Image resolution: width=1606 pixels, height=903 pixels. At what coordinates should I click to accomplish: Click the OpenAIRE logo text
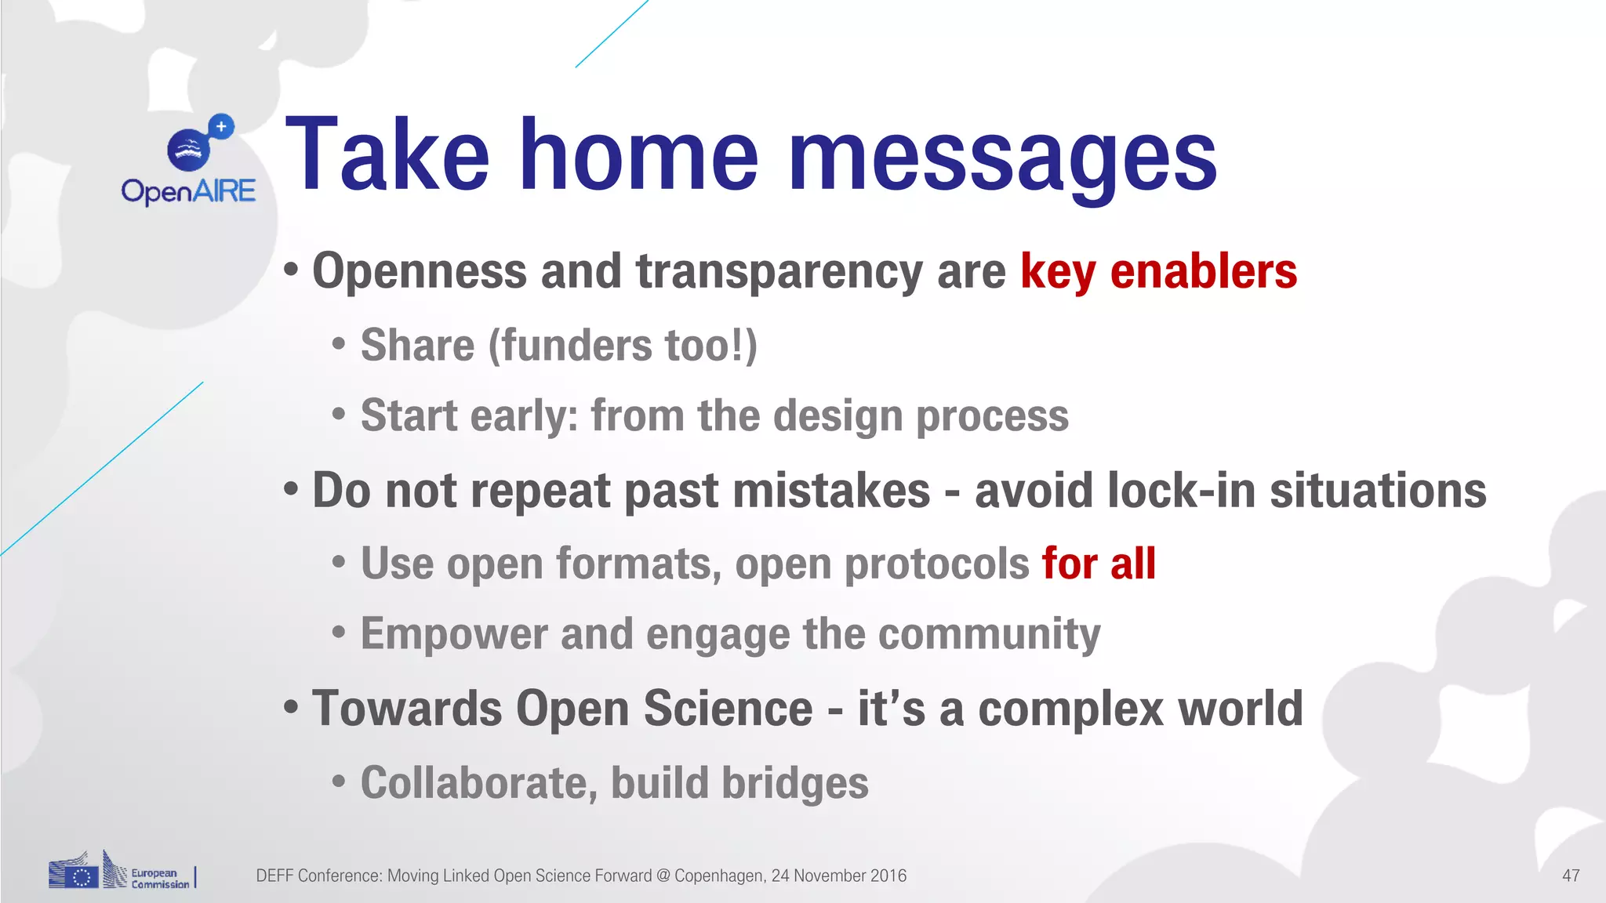coord(188,191)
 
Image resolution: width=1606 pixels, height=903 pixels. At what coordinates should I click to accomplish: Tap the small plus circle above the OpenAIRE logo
coord(222,126)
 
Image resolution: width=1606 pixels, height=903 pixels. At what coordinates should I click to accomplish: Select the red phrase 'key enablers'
coord(1158,272)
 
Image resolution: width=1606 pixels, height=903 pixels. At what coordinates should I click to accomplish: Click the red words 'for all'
coord(1099,564)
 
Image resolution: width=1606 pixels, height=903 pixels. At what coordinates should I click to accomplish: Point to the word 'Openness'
coord(420,272)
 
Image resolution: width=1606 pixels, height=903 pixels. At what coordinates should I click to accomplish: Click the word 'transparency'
coord(779,272)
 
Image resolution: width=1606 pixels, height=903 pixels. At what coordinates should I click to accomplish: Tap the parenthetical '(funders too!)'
coord(623,346)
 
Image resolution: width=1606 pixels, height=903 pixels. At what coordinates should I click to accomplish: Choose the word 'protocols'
coord(936,564)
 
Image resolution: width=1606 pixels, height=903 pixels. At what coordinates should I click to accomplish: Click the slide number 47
coord(1571,876)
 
